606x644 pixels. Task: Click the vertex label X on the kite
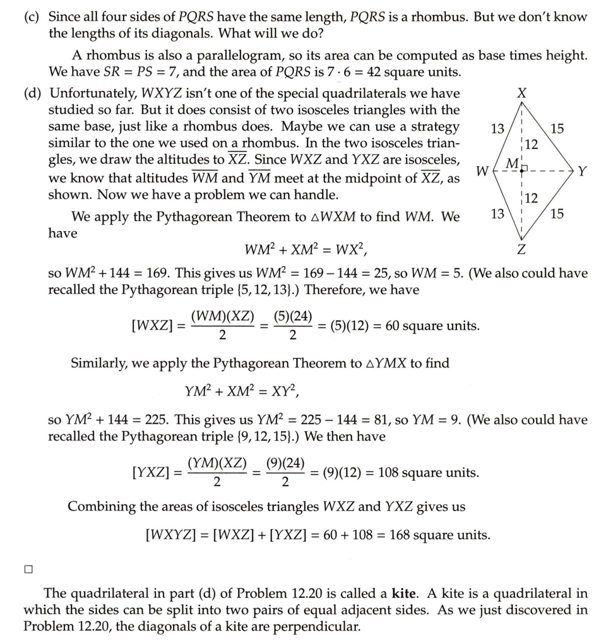[x=521, y=93]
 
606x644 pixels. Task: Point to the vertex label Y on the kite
[x=582, y=170]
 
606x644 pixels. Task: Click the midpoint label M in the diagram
[x=514, y=164]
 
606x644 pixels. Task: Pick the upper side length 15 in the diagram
[x=557, y=129]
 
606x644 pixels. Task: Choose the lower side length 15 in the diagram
[x=557, y=213]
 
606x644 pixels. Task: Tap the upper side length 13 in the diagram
[x=497, y=129]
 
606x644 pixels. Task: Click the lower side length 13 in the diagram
[x=497, y=213]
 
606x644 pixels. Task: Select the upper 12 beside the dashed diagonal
[x=532, y=144]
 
